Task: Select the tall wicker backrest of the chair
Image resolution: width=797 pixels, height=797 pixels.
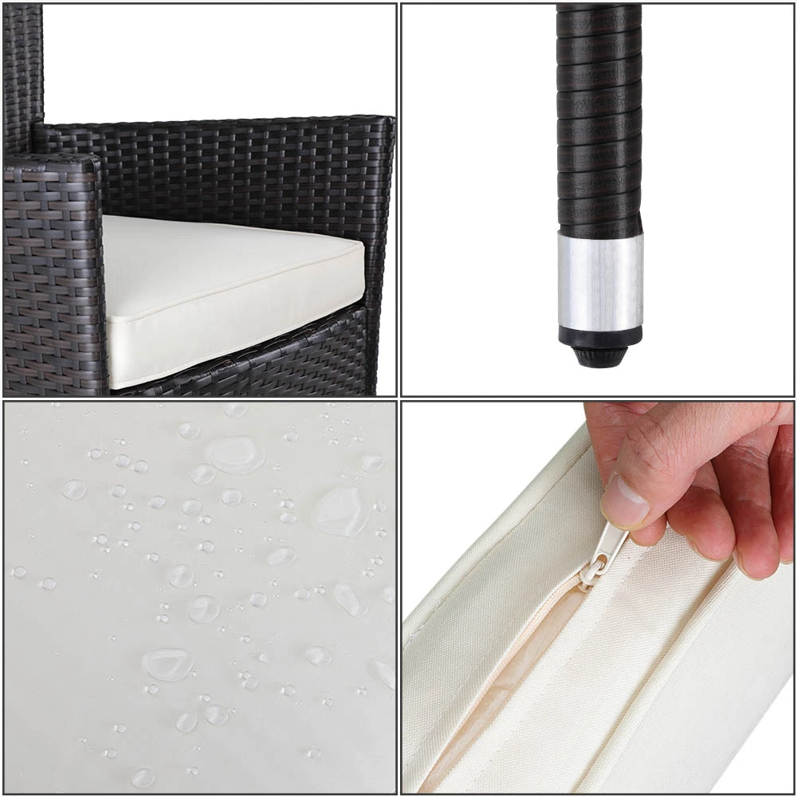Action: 22,72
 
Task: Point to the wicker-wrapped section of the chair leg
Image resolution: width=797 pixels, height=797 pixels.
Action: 599,120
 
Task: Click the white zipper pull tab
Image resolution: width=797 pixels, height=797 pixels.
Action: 609,543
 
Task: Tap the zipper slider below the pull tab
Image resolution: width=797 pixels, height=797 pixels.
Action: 591,570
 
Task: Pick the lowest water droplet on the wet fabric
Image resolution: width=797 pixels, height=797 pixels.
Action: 143,776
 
